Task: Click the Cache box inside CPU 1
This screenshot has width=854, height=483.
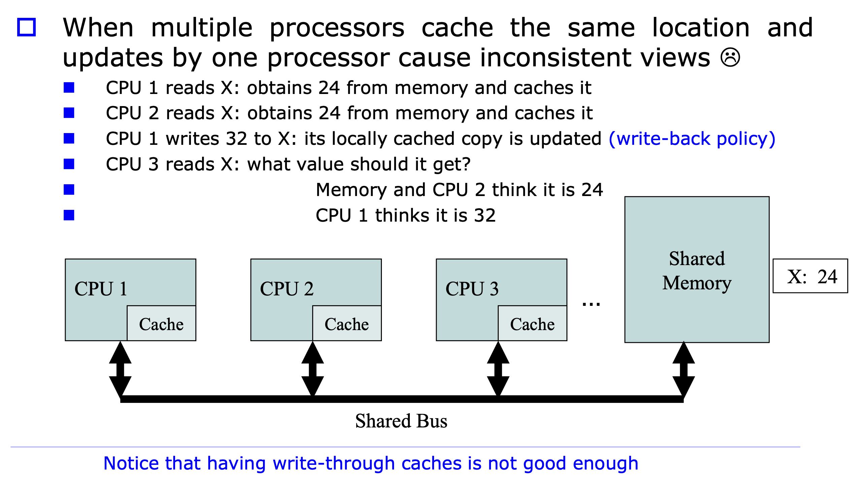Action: coord(161,323)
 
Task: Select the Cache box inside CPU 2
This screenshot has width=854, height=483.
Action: coord(347,323)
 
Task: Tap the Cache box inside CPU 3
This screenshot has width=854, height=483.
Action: coord(532,323)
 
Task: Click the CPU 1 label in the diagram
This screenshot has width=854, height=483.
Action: coord(101,289)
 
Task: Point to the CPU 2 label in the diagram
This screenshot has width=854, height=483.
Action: coord(287,289)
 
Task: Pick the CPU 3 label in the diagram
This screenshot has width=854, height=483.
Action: coord(472,289)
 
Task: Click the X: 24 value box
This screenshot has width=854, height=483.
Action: coord(810,276)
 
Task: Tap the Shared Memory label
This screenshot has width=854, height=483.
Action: coord(697,270)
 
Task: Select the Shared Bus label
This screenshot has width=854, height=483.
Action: coord(401,421)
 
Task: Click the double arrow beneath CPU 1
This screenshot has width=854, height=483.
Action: coord(120,369)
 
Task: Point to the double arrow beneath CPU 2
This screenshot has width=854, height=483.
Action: coord(313,369)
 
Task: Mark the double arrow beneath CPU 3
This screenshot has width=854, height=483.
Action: coord(498,369)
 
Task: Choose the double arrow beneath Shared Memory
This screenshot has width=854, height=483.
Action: coord(684,369)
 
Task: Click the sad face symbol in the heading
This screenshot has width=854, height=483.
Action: coord(730,57)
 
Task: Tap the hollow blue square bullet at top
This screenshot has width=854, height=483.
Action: coord(26,27)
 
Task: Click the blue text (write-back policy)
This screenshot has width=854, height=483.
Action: coord(692,138)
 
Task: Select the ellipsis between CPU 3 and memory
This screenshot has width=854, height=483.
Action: coord(591,304)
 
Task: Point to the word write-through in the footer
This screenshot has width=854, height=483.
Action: coord(333,463)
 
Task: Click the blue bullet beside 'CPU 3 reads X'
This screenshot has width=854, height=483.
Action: coord(69,164)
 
